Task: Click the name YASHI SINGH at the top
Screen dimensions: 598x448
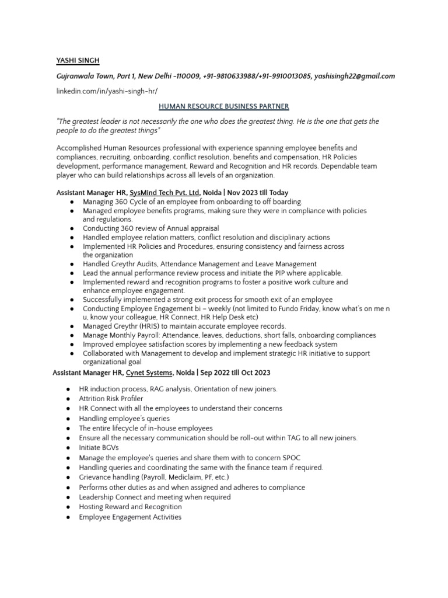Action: [x=79, y=60]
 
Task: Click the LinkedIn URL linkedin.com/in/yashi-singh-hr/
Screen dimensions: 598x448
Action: [x=107, y=91]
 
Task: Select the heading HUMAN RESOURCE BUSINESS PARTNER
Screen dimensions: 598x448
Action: [x=224, y=106]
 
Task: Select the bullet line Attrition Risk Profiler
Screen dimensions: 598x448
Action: [x=111, y=399]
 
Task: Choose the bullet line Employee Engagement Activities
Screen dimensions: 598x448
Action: [x=130, y=517]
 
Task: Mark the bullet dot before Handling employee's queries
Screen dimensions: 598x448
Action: [x=69, y=419]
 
